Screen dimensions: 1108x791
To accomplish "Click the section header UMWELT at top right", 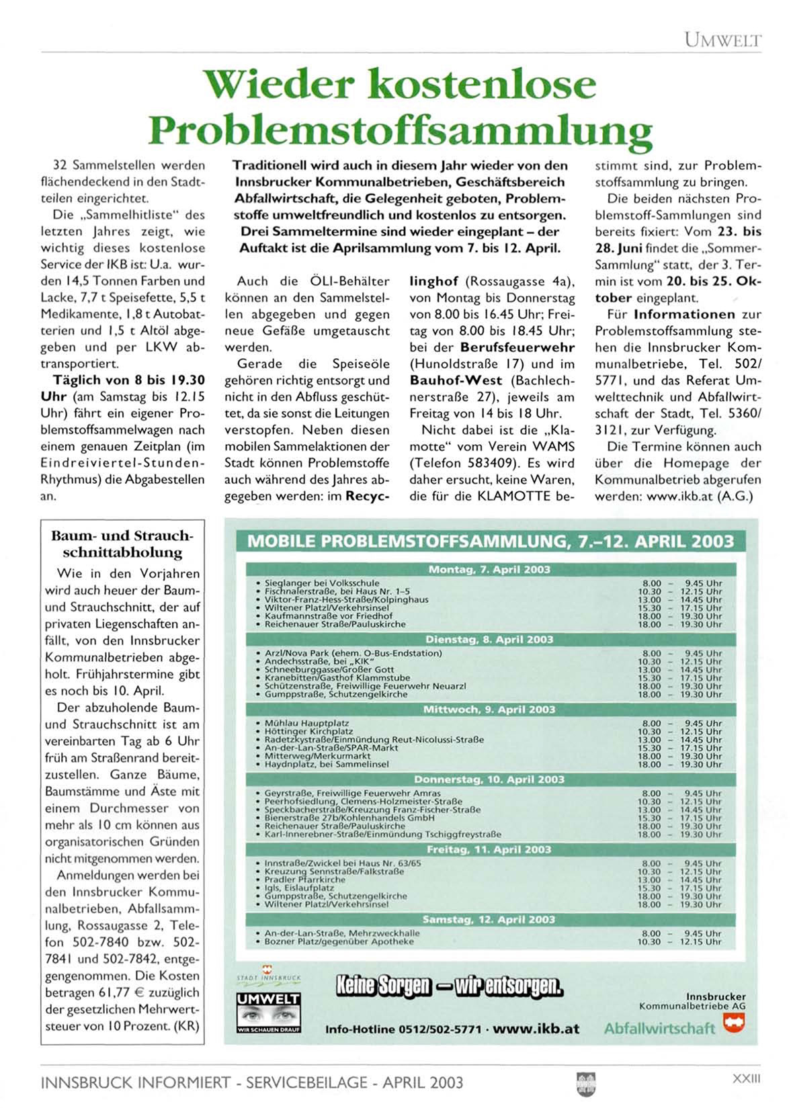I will pyautogui.click(x=722, y=40).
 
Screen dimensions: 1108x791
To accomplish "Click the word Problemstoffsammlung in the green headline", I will pyautogui.click(x=400, y=130).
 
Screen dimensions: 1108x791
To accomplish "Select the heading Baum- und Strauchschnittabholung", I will pyautogui.click(x=122, y=544).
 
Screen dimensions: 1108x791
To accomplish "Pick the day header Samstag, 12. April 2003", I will pyautogui.click(x=489, y=919).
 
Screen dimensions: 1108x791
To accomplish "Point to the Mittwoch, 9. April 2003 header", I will pyautogui.click(x=489, y=710).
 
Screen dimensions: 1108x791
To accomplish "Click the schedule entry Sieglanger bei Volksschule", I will pyautogui.click(x=322, y=583).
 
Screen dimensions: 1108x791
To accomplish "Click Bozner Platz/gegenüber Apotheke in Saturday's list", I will pyautogui.click(x=339, y=942).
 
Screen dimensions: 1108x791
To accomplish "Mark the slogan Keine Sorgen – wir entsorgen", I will pyautogui.click(x=449, y=986).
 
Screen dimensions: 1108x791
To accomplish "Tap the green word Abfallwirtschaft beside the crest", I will pyautogui.click(x=659, y=1028).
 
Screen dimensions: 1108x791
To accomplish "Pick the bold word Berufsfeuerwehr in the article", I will pyautogui.click(x=517, y=347).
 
